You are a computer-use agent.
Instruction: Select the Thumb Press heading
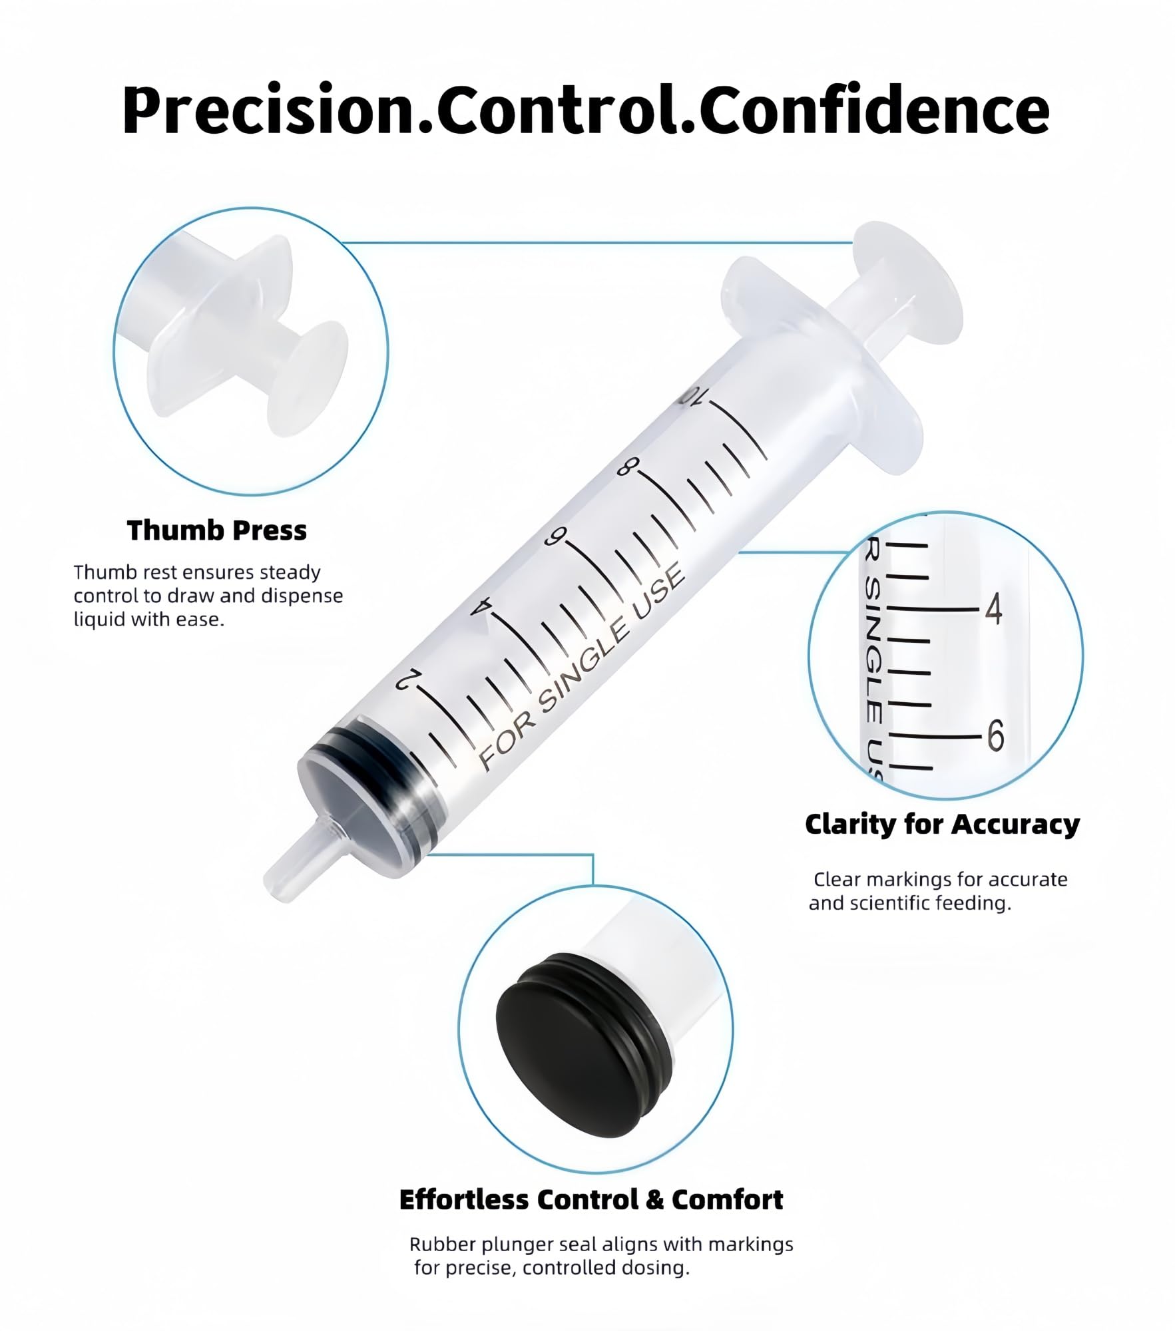pos(217,530)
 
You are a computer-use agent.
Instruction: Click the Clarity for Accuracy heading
pos(942,825)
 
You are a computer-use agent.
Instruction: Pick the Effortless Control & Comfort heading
pos(591,1200)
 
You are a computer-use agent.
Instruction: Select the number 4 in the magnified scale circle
pos(993,609)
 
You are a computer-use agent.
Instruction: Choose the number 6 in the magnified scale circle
pos(995,736)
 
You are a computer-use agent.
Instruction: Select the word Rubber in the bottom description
pos(436,1244)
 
